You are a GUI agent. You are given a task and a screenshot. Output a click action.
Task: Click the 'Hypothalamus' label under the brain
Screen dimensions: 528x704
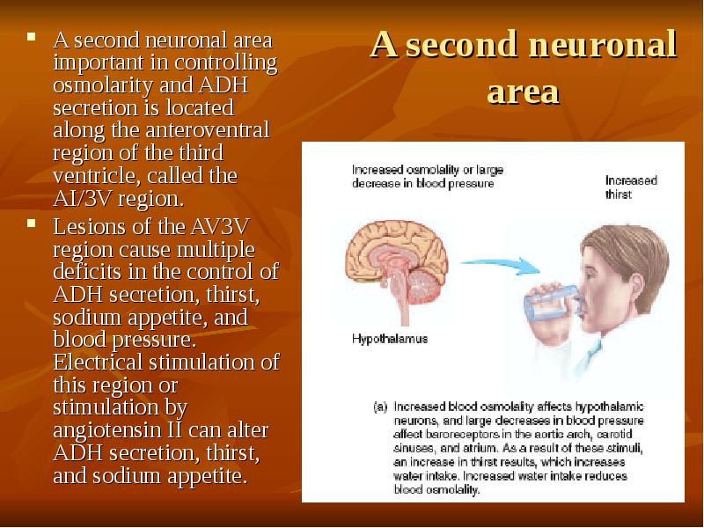point(390,338)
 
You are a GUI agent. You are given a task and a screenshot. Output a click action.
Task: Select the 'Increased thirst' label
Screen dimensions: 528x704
point(631,187)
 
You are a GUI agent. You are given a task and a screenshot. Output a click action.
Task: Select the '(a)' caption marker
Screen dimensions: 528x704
point(380,407)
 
